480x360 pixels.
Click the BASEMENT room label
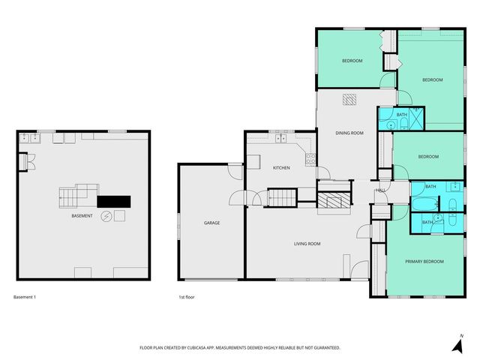[82, 217]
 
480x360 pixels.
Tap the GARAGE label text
[212, 223]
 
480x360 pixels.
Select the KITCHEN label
[281, 168]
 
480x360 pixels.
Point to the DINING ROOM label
[349, 133]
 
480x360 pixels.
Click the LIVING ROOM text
[307, 244]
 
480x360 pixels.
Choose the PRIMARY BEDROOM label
[424, 262]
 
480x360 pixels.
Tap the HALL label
[380, 190]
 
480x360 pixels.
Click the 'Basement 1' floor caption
[25, 298]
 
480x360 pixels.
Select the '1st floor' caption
[187, 298]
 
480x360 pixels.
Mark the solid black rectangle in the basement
[114, 201]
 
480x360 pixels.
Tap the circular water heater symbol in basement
[106, 216]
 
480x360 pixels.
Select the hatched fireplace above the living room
[334, 200]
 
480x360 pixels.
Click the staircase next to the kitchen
[283, 198]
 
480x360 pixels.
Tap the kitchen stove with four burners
[310, 158]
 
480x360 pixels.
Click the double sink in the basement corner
[29, 137]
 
